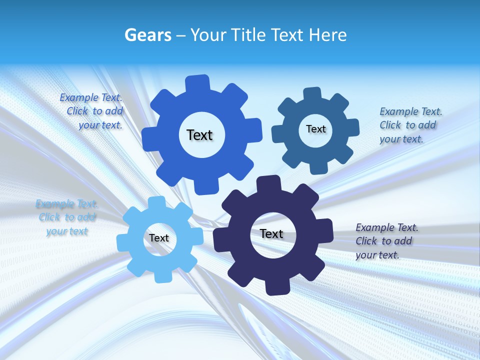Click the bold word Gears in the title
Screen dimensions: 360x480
[148, 35]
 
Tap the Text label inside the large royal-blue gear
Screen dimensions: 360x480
[199, 135]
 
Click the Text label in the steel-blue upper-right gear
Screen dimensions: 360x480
[316, 129]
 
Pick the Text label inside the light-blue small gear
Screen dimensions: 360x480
[159, 238]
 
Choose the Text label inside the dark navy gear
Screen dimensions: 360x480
[271, 233]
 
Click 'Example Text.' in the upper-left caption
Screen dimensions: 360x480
[91, 97]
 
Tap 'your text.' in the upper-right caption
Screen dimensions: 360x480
[401, 139]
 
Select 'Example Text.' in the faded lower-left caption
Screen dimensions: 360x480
[67, 204]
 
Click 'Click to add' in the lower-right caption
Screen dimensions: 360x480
[383, 241]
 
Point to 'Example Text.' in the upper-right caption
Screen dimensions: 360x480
[411, 111]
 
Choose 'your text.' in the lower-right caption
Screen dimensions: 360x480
[377, 255]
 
